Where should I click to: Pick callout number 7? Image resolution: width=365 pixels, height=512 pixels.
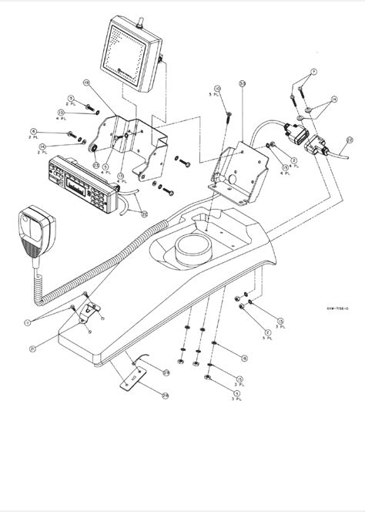pos(312,72)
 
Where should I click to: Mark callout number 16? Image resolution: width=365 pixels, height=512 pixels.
pos(244,358)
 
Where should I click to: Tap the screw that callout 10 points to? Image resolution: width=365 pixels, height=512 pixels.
pos(229,116)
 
